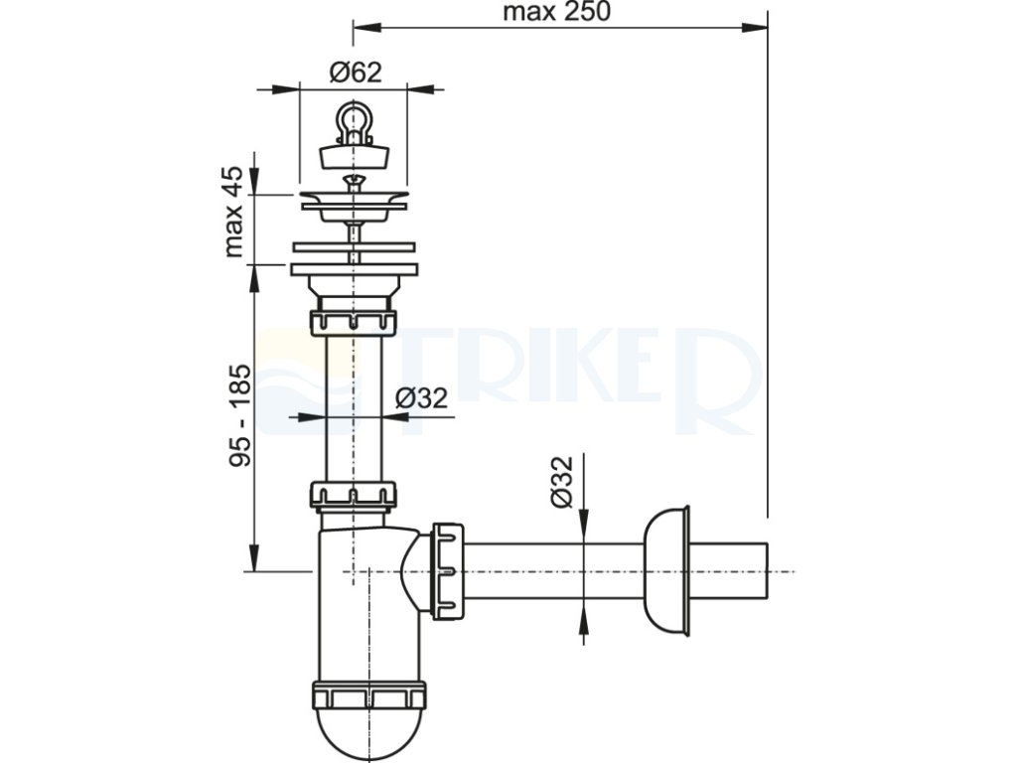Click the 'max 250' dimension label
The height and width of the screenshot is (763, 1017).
tap(556, 11)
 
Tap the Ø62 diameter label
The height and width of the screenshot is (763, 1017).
tap(355, 72)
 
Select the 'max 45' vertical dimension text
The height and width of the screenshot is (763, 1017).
tap(232, 213)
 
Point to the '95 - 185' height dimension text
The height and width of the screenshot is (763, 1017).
tap(238, 416)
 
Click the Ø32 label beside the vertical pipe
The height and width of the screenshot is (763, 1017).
tap(421, 397)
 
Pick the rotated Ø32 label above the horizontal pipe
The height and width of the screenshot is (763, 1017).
tap(562, 482)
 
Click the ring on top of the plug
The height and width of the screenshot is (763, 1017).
tap(354, 121)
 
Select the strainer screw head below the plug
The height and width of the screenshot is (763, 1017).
tap(354, 179)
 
